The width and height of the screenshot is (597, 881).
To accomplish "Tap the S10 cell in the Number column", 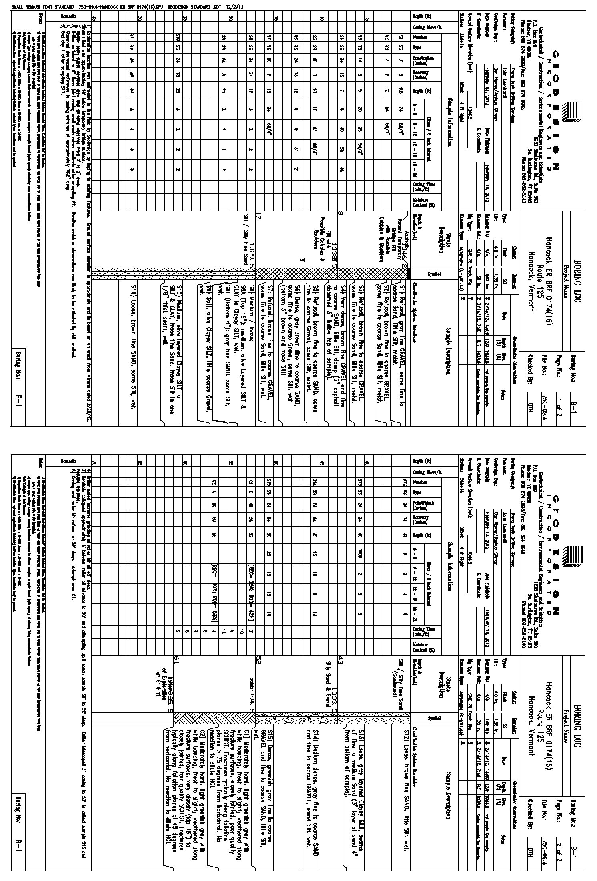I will click(x=177, y=38).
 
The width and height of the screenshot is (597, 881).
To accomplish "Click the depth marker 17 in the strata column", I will click(x=259, y=216).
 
